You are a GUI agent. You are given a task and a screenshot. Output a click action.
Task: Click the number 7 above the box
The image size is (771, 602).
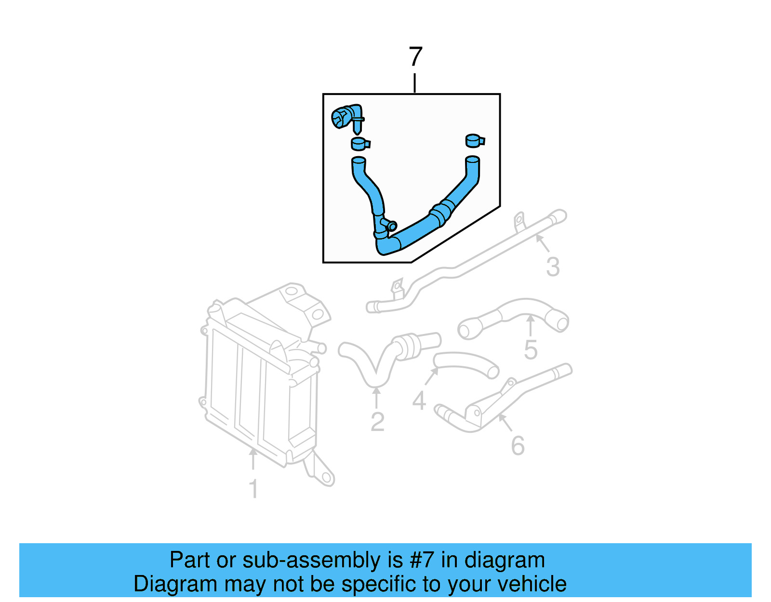point(415,57)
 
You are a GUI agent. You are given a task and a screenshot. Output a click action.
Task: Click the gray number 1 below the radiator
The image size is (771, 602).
point(253,489)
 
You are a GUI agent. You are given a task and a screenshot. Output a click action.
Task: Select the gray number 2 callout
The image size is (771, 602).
point(377,422)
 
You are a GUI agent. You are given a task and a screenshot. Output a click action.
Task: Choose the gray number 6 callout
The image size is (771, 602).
point(518,446)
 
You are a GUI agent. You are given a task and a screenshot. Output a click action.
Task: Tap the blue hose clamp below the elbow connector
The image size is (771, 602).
point(359,144)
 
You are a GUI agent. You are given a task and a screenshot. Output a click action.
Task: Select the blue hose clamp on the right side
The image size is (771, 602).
point(475,141)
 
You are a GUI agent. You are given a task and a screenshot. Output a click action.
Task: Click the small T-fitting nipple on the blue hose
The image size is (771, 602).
point(391,225)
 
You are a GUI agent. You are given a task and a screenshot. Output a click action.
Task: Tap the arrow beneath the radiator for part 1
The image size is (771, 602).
point(253,458)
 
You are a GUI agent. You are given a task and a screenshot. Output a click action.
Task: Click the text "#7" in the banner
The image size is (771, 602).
point(422,560)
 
